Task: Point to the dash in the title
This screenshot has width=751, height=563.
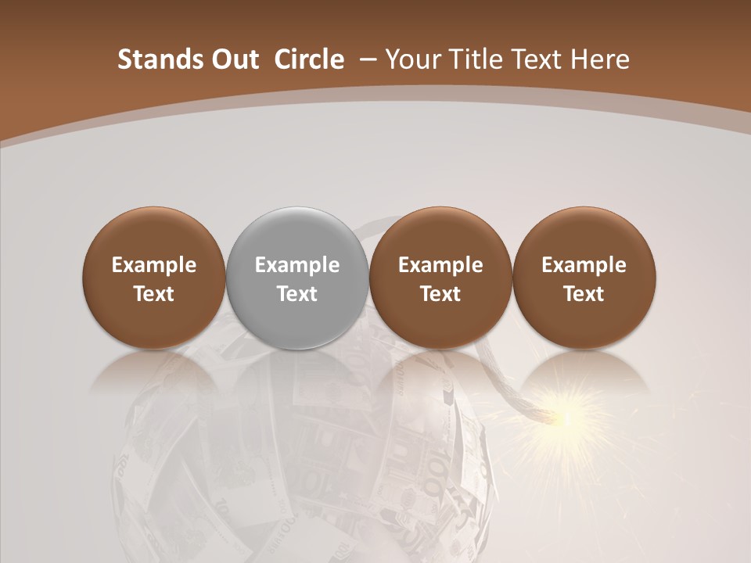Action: click(x=365, y=59)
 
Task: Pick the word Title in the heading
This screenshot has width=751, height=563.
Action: click(x=471, y=59)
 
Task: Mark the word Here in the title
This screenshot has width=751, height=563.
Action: click(x=600, y=59)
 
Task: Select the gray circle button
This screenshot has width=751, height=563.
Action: click(x=297, y=278)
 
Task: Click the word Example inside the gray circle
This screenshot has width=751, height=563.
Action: click(x=297, y=265)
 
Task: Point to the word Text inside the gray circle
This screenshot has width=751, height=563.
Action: click(x=297, y=294)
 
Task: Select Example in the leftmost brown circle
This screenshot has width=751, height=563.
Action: click(x=154, y=265)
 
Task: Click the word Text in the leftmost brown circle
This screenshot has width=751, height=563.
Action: click(x=154, y=294)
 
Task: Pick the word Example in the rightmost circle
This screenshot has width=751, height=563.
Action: click(x=584, y=265)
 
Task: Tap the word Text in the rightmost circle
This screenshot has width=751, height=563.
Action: click(x=584, y=294)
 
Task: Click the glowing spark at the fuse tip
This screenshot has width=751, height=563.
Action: click(x=565, y=418)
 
